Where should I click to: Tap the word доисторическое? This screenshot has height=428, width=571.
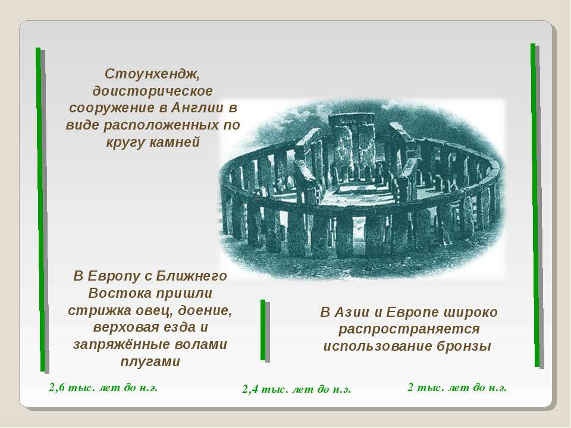pyautogui.click(x=152, y=91)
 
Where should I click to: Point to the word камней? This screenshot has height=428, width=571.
pyautogui.click(x=175, y=142)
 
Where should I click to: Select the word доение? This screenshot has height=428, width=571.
pyautogui.click(x=205, y=310)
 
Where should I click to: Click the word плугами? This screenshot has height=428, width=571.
pyautogui.click(x=150, y=362)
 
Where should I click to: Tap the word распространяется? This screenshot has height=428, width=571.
pyautogui.click(x=409, y=329)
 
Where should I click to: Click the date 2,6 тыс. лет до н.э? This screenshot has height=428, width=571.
pyautogui.click(x=103, y=387)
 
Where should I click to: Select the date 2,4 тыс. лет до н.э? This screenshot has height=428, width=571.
pyautogui.click(x=296, y=389)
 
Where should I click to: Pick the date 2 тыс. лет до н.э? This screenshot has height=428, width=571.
pyautogui.click(x=457, y=388)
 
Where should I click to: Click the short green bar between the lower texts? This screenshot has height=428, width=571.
pyautogui.click(x=263, y=330)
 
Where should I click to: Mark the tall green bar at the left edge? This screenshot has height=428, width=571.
pyautogui.click(x=40, y=209)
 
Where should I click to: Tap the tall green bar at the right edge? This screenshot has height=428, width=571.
pyautogui.click(x=535, y=205)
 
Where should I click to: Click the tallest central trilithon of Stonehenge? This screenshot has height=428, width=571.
pyautogui.click(x=352, y=144)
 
